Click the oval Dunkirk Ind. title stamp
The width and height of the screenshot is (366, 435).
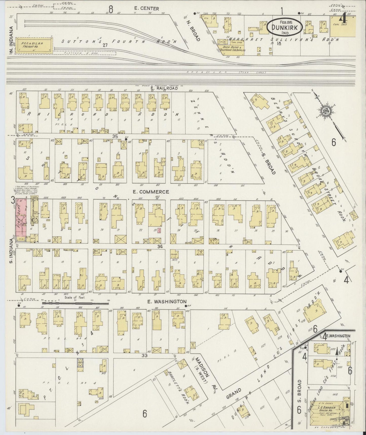click(285, 27)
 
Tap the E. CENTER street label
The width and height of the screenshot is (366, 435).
click(147, 9)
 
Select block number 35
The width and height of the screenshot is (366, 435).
click(115, 136)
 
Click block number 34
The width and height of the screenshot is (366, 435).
click(159, 246)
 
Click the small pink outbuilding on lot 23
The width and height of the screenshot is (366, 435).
click(159, 231)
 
